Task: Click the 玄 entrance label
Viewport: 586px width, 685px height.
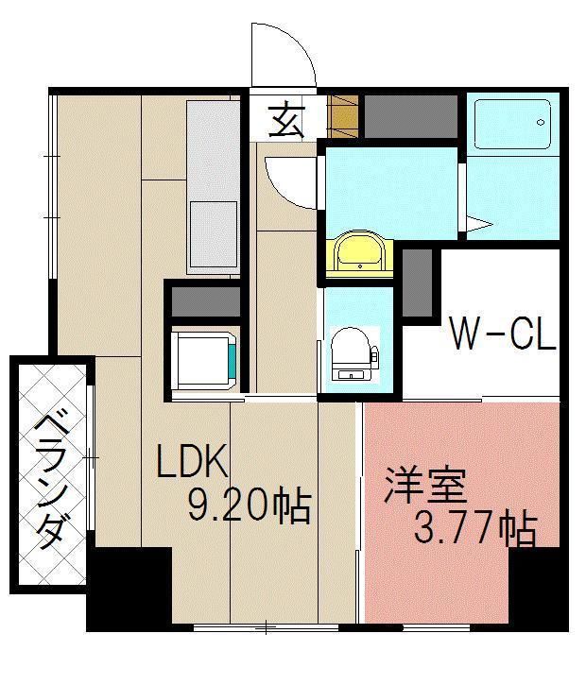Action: point(285,120)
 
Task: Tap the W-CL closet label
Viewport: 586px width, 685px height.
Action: point(501,334)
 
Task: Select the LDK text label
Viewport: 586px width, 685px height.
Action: point(193,462)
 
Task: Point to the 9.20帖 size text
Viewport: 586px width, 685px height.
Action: point(250,507)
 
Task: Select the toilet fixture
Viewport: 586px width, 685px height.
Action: point(352,351)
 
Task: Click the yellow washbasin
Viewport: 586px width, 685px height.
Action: point(357,252)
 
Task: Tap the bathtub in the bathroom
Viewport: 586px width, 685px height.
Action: point(512,123)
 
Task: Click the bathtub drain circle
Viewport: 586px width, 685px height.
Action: point(541,123)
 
